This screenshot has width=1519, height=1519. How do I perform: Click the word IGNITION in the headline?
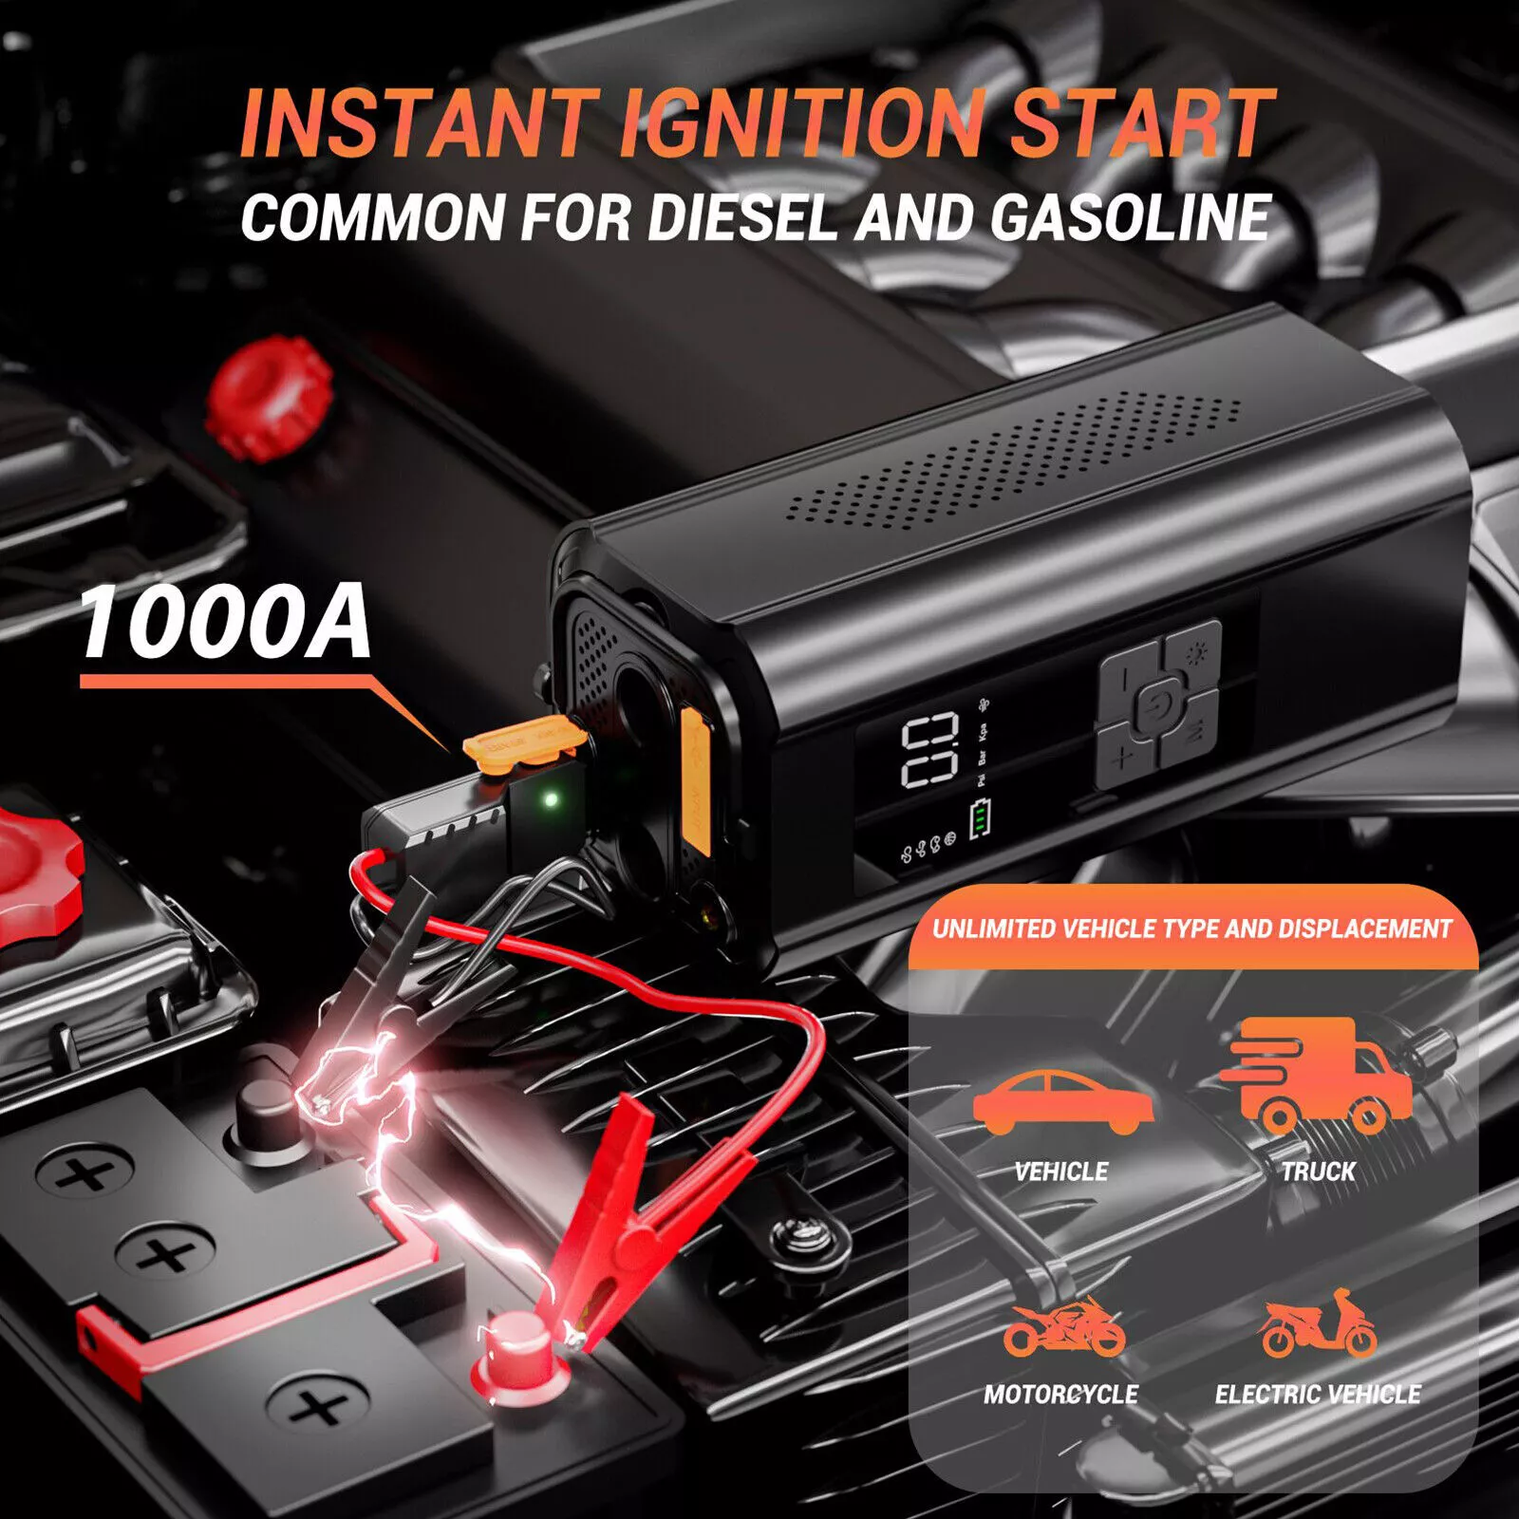(801, 122)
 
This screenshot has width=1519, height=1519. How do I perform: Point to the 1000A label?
(225, 621)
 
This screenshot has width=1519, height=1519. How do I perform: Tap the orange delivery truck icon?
(1316, 1073)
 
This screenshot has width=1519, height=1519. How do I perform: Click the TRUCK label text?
(1318, 1172)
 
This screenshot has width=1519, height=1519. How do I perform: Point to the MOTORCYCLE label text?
(1060, 1394)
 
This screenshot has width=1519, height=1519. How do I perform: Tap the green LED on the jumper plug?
(549, 799)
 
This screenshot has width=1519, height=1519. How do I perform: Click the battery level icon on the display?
(980, 820)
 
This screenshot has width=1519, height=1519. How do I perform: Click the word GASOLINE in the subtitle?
(1131, 216)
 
